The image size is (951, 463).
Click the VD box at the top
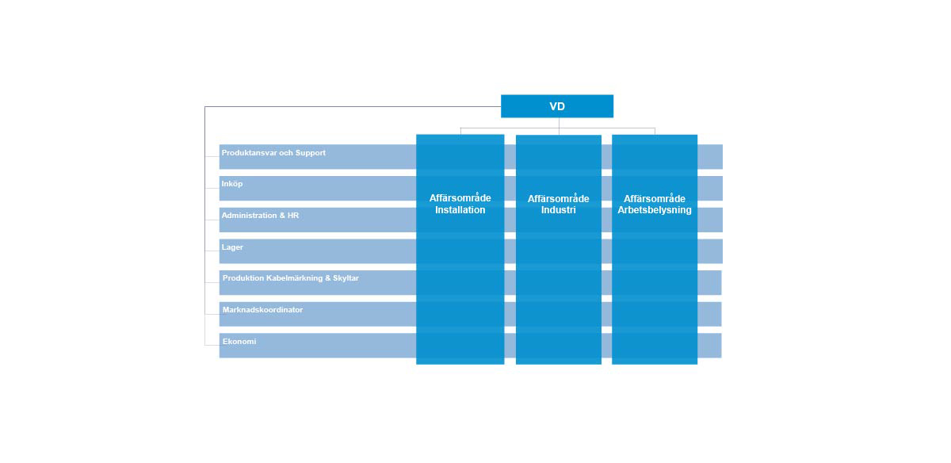[x=557, y=106]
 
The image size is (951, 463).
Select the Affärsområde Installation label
[x=460, y=204]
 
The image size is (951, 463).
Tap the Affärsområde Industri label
[x=558, y=205]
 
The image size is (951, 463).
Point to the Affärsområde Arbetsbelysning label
[x=655, y=205]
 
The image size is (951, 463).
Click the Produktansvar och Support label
[x=273, y=153]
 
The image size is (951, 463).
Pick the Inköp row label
[x=231, y=184]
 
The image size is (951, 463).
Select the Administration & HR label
[x=260, y=216]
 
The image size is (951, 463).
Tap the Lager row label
[x=232, y=247]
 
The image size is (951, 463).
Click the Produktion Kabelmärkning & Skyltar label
[x=290, y=278]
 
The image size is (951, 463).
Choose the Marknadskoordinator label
[x=262, y=310]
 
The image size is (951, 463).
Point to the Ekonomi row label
[x=239, y=342]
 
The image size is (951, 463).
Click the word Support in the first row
[x=311, y=153]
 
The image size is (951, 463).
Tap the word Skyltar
[x=346, y=278]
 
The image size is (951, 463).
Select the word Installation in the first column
[x=460, y=210]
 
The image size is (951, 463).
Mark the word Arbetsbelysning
[x=655, y=210]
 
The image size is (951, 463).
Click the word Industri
[x=558, y=210]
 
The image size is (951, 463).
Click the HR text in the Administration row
[x=293, y=216]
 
